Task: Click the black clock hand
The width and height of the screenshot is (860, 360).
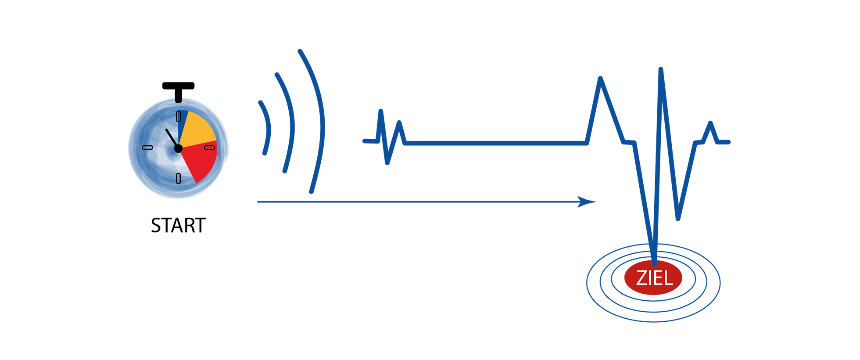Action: (x=172, y=138)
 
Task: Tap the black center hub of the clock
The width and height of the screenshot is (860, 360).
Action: (x=178, y=149)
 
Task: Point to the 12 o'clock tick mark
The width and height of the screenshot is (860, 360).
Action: (x=178, y=116)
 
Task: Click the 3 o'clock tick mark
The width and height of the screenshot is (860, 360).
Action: (x=210, y=148)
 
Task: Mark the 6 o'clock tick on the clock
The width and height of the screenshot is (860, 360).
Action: (x=178, y=179)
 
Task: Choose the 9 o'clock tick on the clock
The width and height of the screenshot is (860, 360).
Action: (x=147, y=148)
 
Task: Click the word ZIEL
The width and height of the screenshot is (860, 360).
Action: (x=654, y=278)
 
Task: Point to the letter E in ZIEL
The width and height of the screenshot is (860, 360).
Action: (x=657, y=278)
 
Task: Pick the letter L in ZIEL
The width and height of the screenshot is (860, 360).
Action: (x=668, y=278)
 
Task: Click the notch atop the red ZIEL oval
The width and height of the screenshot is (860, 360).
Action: (x=654, y=263)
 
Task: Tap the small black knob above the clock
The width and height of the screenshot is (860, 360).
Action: (x=178, y=99)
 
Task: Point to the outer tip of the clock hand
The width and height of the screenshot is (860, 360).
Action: (x=166, y=130)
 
